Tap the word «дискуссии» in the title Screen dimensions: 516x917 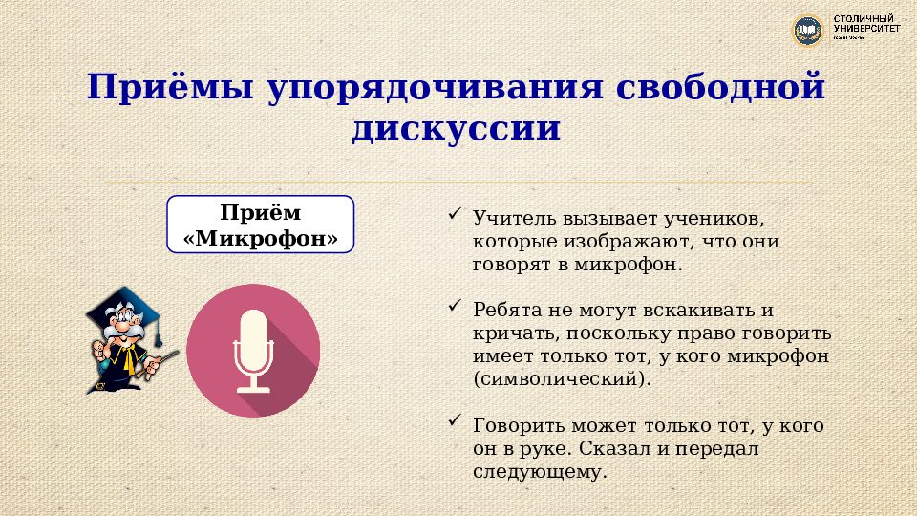(x=455, y=128)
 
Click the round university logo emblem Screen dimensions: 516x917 (x=808, y=31)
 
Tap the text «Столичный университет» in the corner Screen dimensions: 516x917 (x=866, y=26)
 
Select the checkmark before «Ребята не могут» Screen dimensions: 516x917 (x=455, y=307)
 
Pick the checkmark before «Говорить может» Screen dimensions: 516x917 (x=455, y=420)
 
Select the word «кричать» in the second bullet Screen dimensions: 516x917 (x=514, y=333)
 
